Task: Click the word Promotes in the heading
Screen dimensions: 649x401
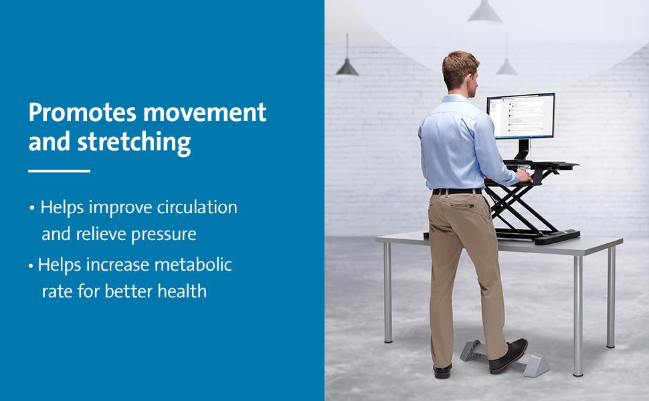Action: (82, 112)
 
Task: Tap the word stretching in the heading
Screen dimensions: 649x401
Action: (134, 142)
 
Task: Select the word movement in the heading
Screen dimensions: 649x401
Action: (205, 112)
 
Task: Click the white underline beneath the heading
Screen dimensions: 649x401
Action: (59, 170)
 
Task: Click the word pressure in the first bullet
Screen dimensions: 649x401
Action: (163, 235)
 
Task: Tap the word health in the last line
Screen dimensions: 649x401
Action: (182, 291)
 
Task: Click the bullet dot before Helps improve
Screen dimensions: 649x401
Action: (32, 208)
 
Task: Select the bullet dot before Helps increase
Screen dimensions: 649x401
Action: (31, 266)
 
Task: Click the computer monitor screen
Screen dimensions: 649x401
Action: (521, 116)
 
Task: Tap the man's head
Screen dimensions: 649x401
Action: (460, 70)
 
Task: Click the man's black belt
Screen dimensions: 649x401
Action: (458, 191)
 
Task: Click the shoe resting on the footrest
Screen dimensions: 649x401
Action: (508, 356)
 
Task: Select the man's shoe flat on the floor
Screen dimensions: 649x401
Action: (442, 370)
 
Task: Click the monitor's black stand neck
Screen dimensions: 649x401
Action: (523, 150)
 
